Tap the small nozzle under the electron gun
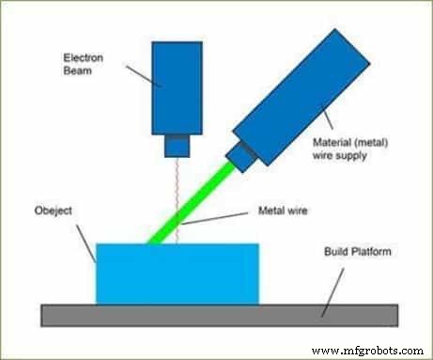(178, 146)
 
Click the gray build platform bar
(217, 314)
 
